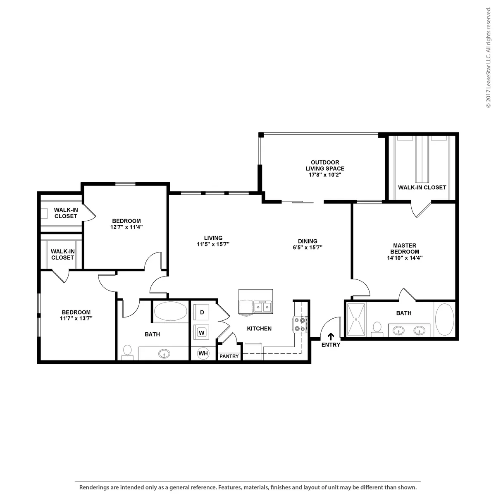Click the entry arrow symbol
[331, 336]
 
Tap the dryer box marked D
[202, 312]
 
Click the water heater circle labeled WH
[203, 353]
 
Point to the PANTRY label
[229, 356]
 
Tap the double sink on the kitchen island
[263, 307]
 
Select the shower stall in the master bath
[356, 320]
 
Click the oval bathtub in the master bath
[444, 320]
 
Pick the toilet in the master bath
[377, 329]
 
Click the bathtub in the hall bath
[171, 311]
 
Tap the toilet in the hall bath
[127, 353]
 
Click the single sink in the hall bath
[164, 353]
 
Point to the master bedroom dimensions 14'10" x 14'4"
[405, 258]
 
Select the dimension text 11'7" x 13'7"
[76, 318]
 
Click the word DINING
[308, 241]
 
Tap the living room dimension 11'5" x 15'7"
[213, 244]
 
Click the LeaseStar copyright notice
[488, 57]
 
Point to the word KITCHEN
[259, 329]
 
